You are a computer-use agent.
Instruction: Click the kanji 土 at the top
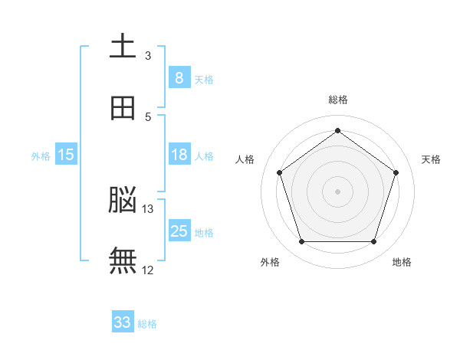click(x=123, y=47)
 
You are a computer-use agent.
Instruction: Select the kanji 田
click(x=123, y=108)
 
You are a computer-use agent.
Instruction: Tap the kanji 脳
click(x=123, y=201)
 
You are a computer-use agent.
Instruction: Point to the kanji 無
click(x=123, y=261)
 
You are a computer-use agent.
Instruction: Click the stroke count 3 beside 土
click(x=148, y=55)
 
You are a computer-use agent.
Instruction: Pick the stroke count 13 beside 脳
click(x=148, y=208)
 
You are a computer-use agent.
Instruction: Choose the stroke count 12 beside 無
click(x=148, y=270)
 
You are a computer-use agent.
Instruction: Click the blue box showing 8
click(x=179, y=78)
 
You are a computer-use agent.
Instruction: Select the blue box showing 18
click(x=179, y=155)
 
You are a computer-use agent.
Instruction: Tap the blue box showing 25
click(x=179, y=231)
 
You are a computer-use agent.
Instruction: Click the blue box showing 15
click(x=66, y=155)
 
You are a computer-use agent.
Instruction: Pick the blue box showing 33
click(x=123, y=322)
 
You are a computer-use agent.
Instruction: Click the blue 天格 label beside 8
click(x=204, y=80)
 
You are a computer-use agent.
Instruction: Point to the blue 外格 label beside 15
click(x=41, y=156)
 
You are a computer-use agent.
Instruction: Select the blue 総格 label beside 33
click(x=147, y=324)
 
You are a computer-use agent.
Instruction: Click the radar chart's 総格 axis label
click(x=338, y=100)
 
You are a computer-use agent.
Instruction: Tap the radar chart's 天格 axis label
click(x=432, y=159)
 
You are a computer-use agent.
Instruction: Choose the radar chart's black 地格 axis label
click(x=402, y=263)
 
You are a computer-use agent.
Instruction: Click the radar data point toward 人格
click(x=279, y=172)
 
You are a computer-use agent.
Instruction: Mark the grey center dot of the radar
click(x=338, y=191)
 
